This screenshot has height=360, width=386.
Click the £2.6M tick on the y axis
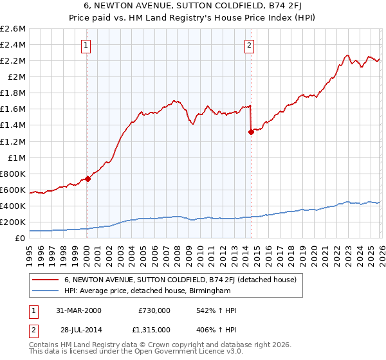point(13,29)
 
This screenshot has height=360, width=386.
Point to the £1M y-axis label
point(17,157)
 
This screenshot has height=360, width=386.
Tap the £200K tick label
point(13,222)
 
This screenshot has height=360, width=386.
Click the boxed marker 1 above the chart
point(86,45)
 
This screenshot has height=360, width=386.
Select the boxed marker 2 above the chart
point(249,45)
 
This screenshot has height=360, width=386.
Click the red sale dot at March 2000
point(87,179)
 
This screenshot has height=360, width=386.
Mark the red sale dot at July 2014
point(250,132)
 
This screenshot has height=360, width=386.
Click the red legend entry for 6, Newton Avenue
point(180,280)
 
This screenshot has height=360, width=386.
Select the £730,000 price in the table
point(154,310)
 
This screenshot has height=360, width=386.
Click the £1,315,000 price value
point(151,330)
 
